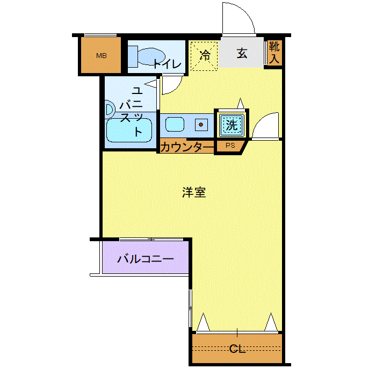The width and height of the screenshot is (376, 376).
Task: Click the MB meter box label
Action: coord(101,56)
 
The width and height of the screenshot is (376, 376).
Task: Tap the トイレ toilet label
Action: coord(167,64)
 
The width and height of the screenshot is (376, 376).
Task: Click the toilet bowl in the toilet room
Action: coord(151,56)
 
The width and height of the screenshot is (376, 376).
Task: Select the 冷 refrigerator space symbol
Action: coord(204,56)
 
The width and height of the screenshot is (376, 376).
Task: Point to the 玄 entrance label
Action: coord(242,53)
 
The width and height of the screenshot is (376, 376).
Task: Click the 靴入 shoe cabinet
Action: coord(274,53)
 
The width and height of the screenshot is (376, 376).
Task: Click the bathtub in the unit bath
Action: coord(129,130)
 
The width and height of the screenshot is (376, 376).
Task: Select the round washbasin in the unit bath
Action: coord(110,110)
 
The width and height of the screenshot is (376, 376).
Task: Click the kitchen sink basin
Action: coord(175,124)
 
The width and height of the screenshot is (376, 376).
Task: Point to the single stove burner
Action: coord(201,125)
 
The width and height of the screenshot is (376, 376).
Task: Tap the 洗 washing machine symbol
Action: coord(232,125)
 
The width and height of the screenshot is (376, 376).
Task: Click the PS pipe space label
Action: coord(230,146)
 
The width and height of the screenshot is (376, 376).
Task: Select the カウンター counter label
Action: coord(186,147)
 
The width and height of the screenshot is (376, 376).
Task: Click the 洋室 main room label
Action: coord(194,192)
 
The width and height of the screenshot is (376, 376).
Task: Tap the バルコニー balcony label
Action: coord(146,259)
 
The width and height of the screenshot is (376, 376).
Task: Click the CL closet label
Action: coord(237,349)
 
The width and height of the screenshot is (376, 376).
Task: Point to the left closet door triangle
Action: coord(204,322)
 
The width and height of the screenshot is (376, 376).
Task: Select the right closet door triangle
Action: coord(271,322)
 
